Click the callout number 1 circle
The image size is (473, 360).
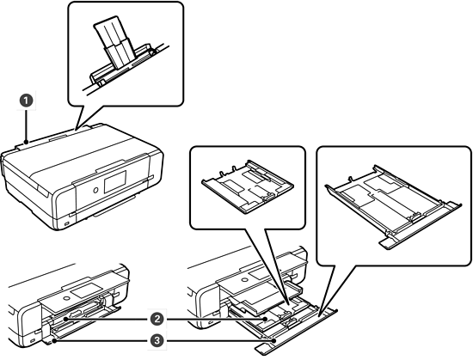(27, 101)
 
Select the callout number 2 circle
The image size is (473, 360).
(157, 319)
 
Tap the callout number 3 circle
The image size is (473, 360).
(157, 341)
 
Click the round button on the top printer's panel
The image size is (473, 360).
(95, 190)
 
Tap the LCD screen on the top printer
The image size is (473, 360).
(115, 182)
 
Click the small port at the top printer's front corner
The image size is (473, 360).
(67, 224)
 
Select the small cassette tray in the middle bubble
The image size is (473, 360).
(248, 187)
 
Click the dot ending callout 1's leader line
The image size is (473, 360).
(27, 142)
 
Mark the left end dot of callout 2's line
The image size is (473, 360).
(65, 319)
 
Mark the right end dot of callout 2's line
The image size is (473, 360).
(265, 319)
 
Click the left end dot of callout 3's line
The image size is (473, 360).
(54, 341)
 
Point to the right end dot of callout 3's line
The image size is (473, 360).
(273, 341)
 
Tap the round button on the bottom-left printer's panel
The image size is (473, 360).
(65, 299)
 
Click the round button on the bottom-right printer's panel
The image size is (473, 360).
(243, 279)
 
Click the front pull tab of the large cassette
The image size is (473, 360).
(388, 243)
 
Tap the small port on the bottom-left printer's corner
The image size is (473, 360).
(33, 340)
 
